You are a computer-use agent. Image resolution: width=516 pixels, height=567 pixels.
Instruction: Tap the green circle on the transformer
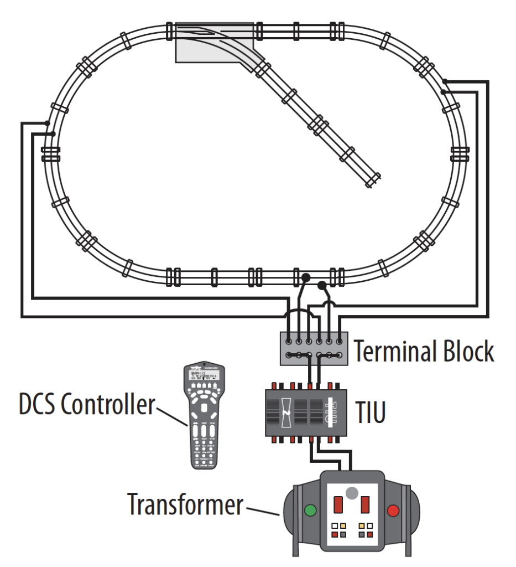click(311, 510)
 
